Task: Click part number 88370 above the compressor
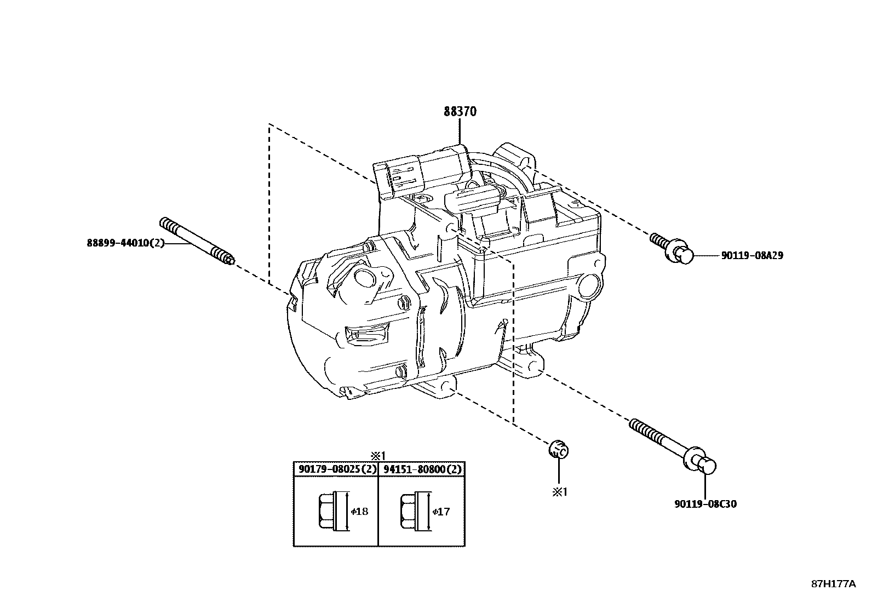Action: point(460,112)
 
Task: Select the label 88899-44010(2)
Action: point(125,243)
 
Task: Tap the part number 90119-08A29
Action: point(752,255)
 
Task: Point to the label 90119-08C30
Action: point(705,504)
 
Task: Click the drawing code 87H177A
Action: point(834,584)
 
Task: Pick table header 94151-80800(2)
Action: point(422,469)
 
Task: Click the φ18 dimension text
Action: point(359,511)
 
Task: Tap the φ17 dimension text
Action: point(441,511)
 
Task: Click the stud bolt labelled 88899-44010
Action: point(197,242)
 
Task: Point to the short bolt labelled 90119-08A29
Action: point(672,248)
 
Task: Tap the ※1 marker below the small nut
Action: point(560,492)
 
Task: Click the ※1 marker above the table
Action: point(377,456)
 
